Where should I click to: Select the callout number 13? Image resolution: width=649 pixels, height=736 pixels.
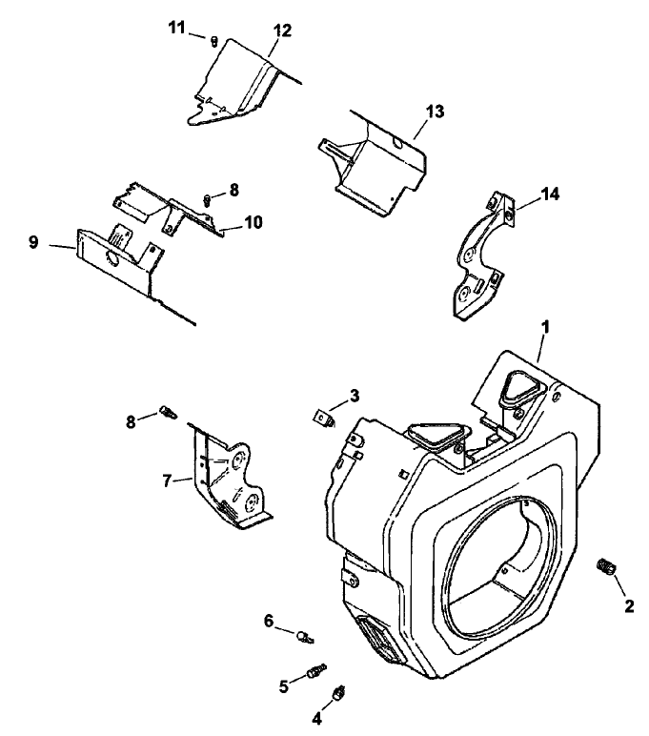pyautogui.click(x=435, y=112)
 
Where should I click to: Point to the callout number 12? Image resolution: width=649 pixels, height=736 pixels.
pyautogui.click(x=281, y=31)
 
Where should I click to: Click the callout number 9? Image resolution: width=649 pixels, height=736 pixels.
pyautogui.click(x=33, y=243)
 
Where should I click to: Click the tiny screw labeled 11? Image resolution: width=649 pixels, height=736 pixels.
pyautogui.click(x=215, y=41)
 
